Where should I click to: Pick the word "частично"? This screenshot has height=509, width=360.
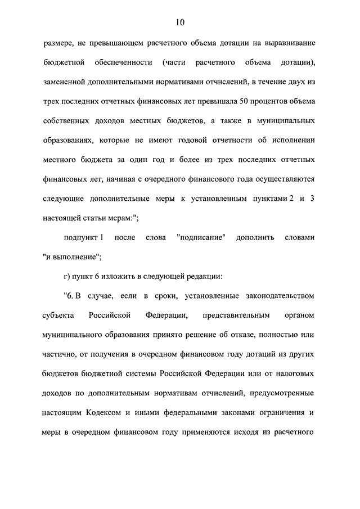point(62,354)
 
